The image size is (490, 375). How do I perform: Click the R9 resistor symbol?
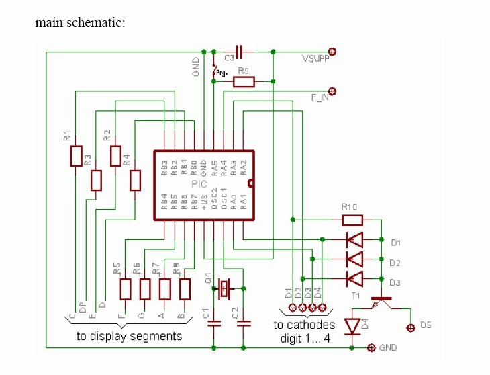244,82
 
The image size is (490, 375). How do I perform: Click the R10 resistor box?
352,220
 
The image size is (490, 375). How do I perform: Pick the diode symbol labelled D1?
353,239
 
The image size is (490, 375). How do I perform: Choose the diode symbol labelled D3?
353,278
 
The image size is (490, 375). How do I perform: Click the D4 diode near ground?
353,325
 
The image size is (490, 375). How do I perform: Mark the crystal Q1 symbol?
224,290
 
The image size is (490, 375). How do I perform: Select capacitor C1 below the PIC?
214,323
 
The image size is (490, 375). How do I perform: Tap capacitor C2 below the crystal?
244,323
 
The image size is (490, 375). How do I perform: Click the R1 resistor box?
76,156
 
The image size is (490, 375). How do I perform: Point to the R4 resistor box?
136,180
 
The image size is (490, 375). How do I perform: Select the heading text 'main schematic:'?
81,22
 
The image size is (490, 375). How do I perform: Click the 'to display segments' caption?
129,336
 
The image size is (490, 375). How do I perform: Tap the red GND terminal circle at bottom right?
371,347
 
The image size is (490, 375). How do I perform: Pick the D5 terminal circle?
410,328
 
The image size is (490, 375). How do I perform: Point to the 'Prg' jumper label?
221,73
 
